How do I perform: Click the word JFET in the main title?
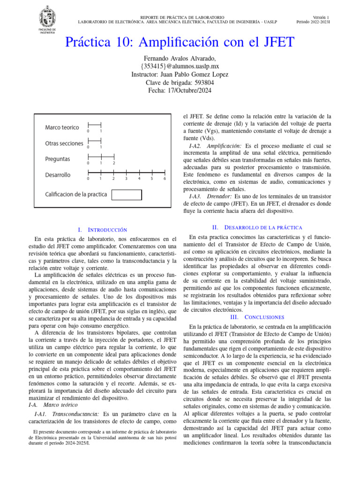274,42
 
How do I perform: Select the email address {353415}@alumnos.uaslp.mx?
180,66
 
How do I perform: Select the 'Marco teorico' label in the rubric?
62,127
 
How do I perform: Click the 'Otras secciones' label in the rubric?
64,143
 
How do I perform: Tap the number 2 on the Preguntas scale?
113,163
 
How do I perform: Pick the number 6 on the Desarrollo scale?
165,179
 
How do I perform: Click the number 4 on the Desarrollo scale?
139,179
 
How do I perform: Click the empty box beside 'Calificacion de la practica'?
127,195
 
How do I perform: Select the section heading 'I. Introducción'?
102,230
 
